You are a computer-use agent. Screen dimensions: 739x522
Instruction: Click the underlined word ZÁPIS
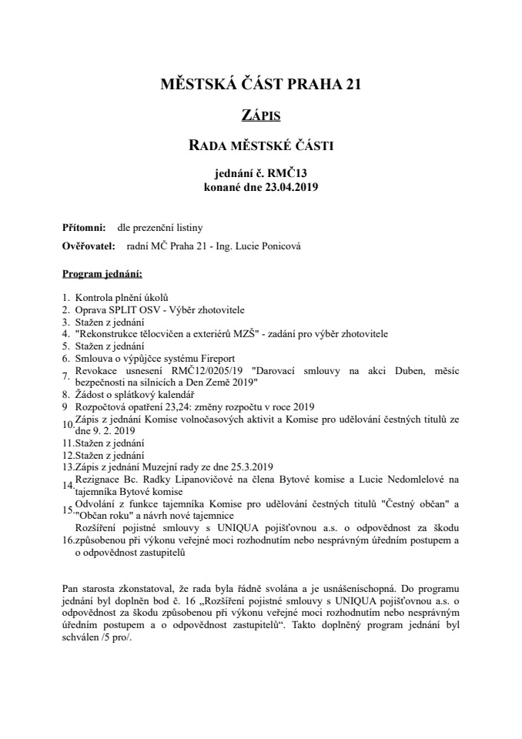click(x=260, y=115)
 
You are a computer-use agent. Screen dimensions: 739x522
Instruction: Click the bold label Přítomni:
click(x=84, y=228)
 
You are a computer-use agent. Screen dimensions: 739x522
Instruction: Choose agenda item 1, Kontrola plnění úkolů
click(x=121, y=297)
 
